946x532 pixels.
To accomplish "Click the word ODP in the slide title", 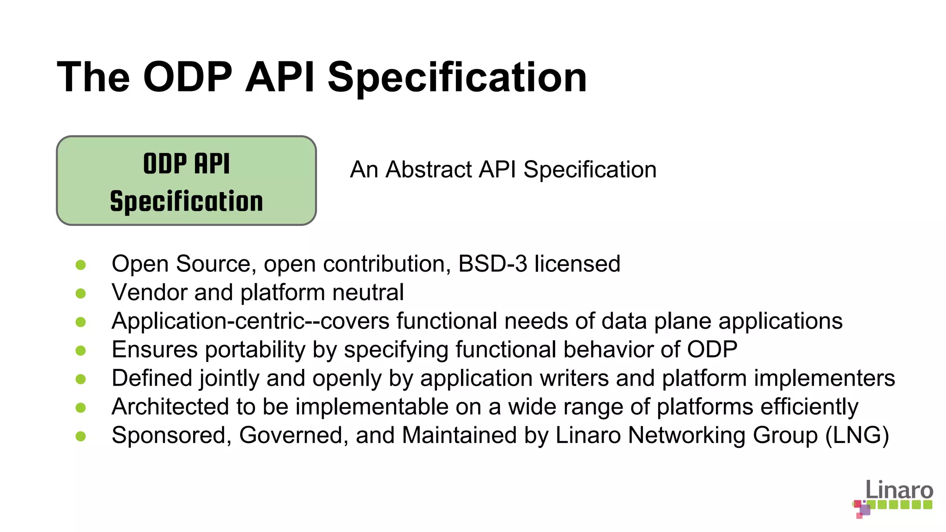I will point(188,77).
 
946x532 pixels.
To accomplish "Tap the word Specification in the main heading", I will point(457,77).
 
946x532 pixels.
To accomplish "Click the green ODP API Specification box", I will point(186,181).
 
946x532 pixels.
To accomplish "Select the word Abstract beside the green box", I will point(429,169).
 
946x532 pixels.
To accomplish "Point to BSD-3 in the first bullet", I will point(492,264).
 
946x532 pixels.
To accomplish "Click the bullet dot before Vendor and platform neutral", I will point(81,293).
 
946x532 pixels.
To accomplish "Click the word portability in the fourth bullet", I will point(255,350).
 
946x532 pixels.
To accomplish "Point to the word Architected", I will point(170,407).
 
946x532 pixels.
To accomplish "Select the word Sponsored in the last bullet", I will point(171,435).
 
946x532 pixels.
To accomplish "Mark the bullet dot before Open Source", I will point(81,265).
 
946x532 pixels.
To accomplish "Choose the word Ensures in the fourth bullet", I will point(155,350).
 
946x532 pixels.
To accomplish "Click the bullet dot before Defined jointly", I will point(81,379).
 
